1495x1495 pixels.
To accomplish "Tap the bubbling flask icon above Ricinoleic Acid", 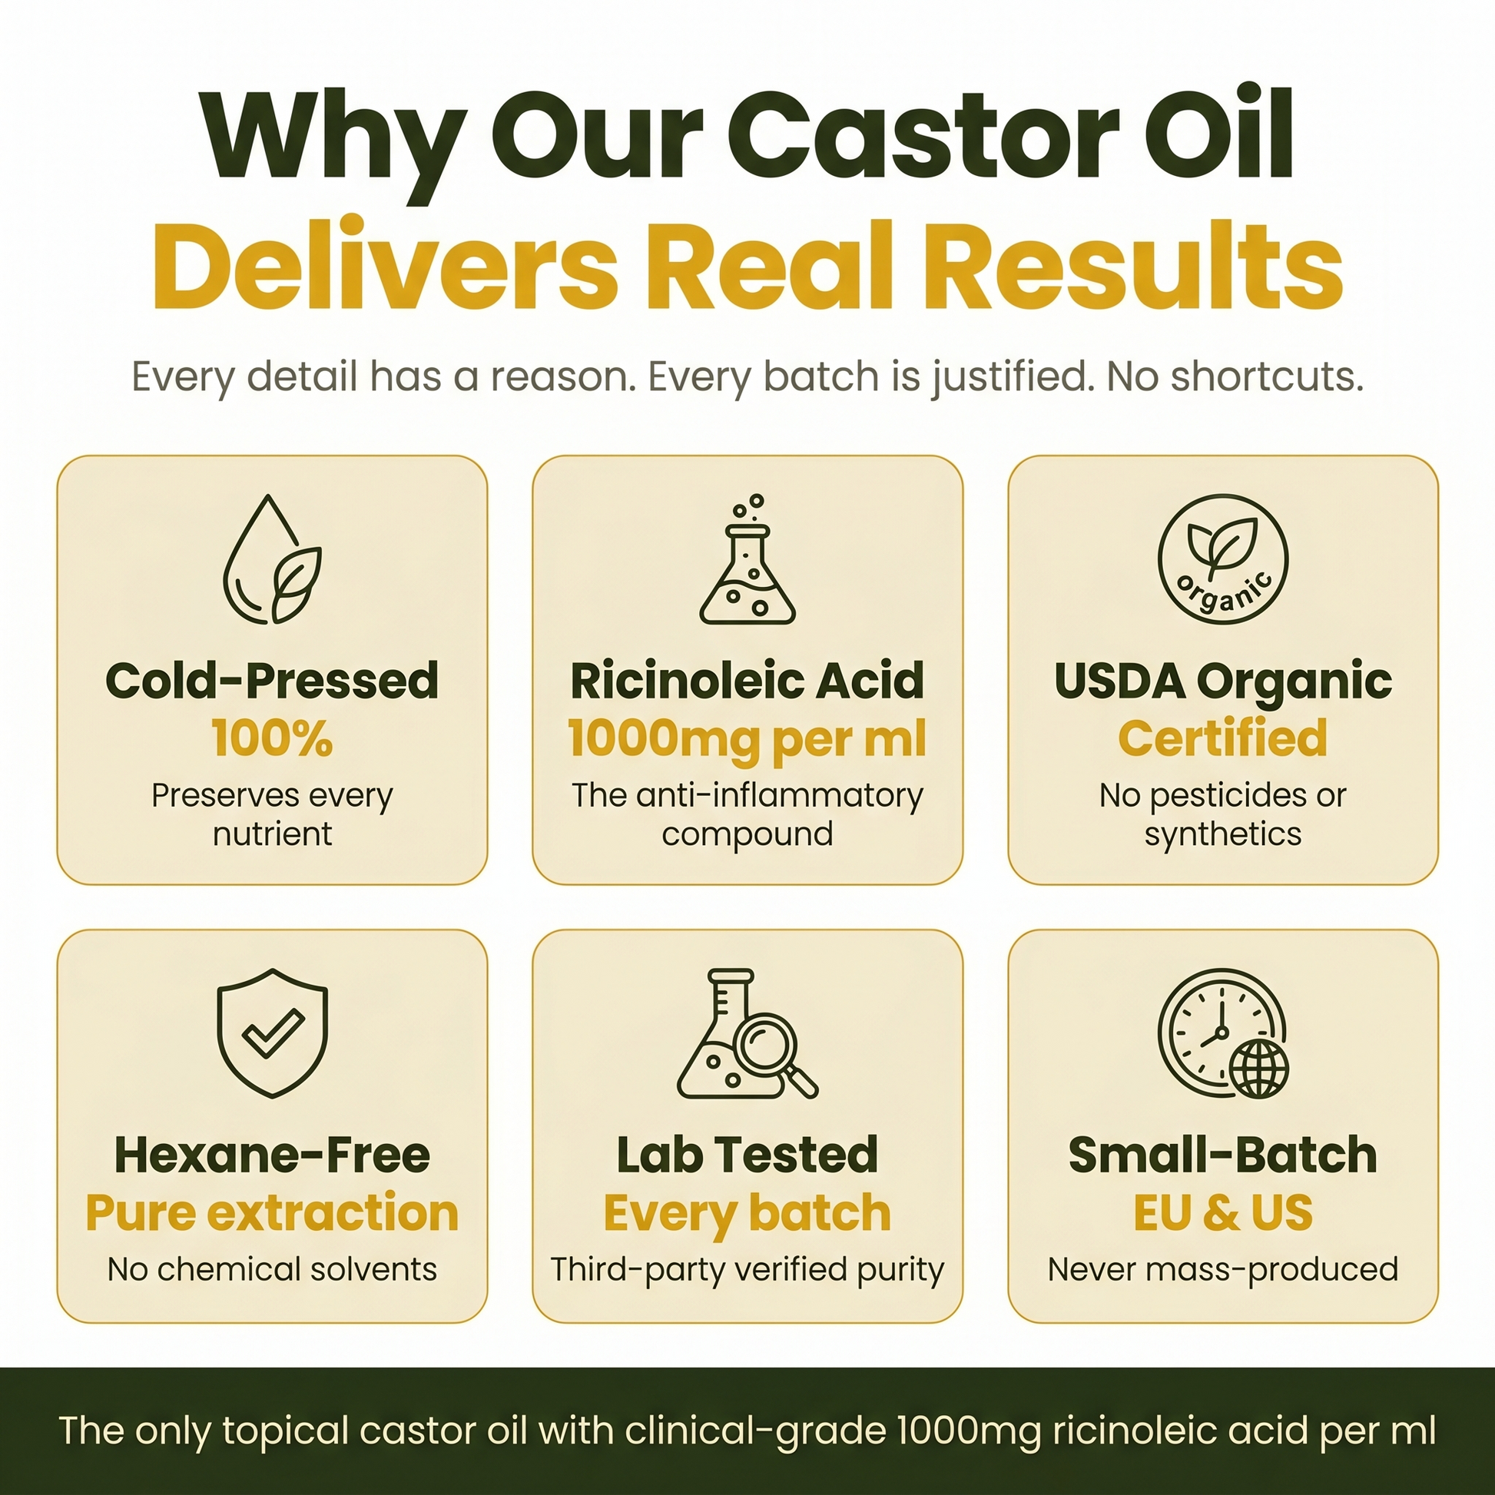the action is (x=747, y=559).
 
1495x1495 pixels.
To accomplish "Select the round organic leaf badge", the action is (x=1222, y=559).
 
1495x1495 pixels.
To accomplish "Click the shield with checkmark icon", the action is (x=273, y=1033).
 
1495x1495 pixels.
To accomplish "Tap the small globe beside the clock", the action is (x=1259, y=1069).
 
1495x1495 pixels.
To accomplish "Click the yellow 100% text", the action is (x=273, y=738).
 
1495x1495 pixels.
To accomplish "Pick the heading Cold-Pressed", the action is (x=273, y=680).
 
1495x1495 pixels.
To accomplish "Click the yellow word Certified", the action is (x=1222, y=738).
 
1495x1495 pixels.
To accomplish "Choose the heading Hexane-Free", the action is (x=273, y=1155).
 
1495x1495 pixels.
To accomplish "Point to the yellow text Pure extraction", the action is (x=273, y=1212).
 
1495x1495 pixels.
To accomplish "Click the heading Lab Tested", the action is (x=747, y=1155).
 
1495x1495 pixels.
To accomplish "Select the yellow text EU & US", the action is (x=1222, y=1212).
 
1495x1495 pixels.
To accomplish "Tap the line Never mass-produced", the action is (x=1222, y=1271).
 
